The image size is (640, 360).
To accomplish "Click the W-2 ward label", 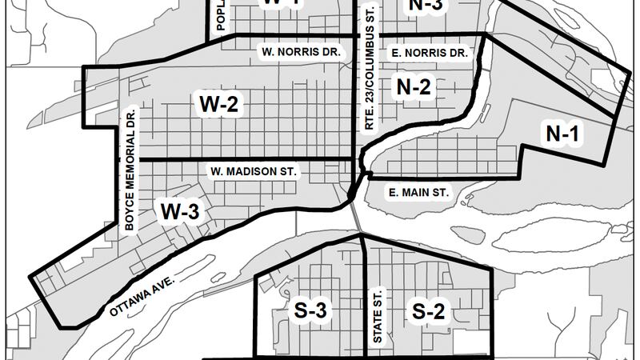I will click(219, 102).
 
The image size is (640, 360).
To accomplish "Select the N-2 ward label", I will click(414, 87).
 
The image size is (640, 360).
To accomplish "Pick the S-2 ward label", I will click(428, 311).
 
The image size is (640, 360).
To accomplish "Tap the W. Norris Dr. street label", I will click(301, 52).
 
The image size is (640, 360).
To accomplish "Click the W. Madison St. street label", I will click(254, 171).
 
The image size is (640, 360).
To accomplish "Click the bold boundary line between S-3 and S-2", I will click(366, 296).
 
